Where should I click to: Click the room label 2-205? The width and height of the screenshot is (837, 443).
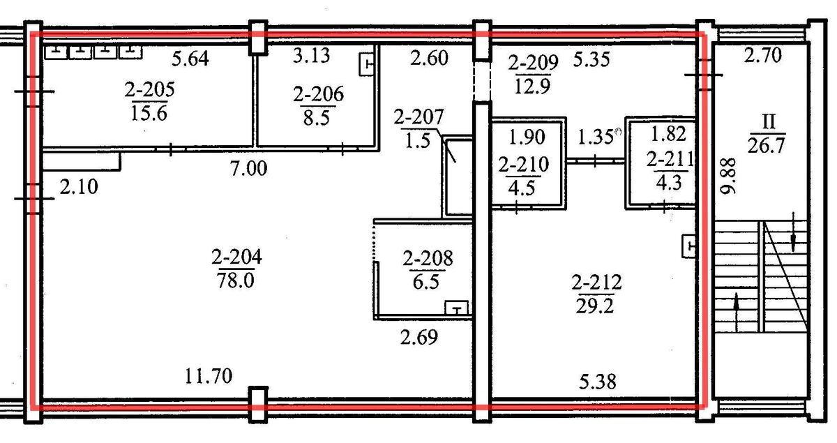(x=149, y=89)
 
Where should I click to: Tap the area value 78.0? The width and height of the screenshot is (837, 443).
(x=236, y=280)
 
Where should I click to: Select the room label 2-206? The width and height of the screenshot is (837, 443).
(x=318, y=94)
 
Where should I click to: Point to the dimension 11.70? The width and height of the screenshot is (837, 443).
(x=209, y=376)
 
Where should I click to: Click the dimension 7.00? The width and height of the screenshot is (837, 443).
(x=249, y=168)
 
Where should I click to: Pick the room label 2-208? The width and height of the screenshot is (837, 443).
(x=428, y=258)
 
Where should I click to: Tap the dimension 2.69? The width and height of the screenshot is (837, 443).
(x=419, y=337)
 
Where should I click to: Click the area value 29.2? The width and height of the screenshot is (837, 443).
(x=595, y=306)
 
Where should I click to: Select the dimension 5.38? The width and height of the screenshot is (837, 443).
(x=598, y=382)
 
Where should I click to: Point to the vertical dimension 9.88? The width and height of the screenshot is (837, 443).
(x=728, y=176)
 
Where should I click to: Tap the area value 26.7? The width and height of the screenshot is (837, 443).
(x=766, y=145)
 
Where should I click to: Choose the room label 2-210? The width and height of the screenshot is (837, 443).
(x=524, y=165)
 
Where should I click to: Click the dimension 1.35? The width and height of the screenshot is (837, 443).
(x=596, y=137)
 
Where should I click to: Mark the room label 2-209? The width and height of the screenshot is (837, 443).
(x=533, y=63)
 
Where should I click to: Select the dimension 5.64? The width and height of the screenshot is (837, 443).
(x=190, y=59)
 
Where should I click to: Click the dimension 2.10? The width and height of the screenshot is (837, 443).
(x=79, y=186)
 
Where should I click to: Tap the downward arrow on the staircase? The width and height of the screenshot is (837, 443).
(x=793, y=232)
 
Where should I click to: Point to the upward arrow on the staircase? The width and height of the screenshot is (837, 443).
(x=737, y=312)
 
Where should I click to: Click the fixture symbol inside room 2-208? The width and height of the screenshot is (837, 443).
(x=456, y=308)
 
